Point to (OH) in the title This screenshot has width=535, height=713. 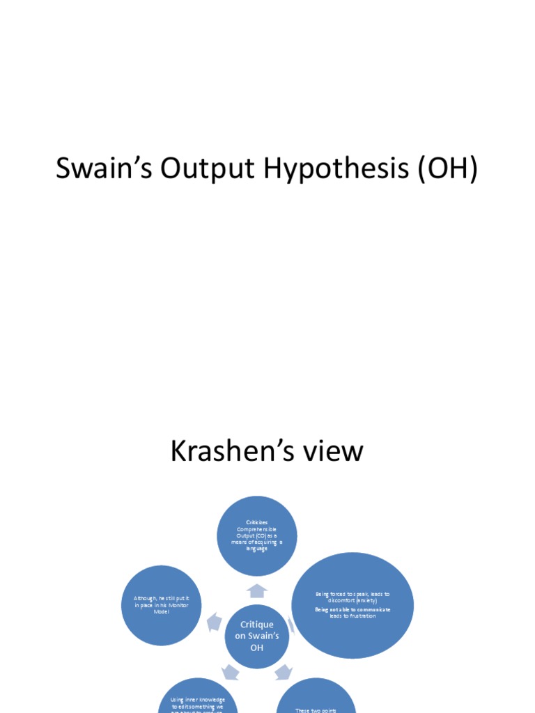pos(448,170)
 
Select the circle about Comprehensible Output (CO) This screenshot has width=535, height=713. pos(256,535)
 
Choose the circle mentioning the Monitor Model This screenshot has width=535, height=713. pos(161,605)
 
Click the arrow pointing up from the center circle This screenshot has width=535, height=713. pos(257,590)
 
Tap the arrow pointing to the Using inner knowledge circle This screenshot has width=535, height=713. pos(230,672)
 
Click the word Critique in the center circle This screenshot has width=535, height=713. pos(256,625)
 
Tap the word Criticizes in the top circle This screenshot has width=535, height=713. pos(256,522)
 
